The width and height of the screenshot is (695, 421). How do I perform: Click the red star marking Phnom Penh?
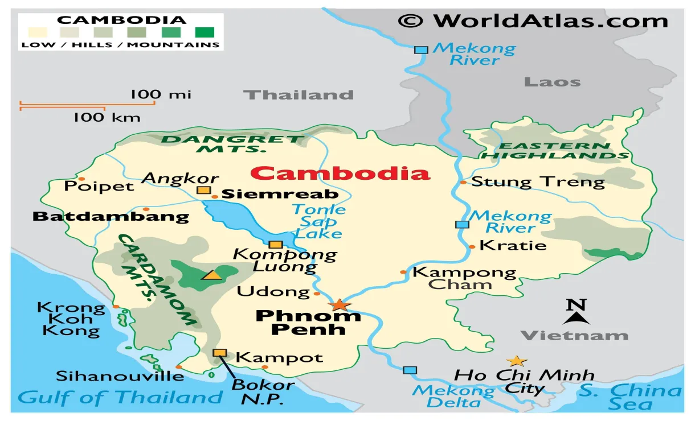pyautogui.click(x=340, y=305)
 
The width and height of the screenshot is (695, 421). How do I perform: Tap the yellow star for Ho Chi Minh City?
pyautogui.click(x=516, y=361)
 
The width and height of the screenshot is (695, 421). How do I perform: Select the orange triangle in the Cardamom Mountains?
pyautogui.click(x=212, y=275)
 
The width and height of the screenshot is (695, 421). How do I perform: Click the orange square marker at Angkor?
pyautogui.click(x=203, y=190)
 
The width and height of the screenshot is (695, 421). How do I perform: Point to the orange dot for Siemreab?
pyautogui.click(x=215, y=197)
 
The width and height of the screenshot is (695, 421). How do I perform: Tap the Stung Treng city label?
pyautogui.click(x=538, y=182)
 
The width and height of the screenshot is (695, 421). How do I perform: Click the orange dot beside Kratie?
pyautogui.click(x=472, y=246)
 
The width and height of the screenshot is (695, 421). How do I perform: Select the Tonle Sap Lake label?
pyautogui.click(x=318, y=221)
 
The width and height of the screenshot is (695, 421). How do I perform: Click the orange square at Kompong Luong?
pyautogui.click(x=276, y=245)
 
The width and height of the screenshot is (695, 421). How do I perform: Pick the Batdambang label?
pyautogui.click(x=111, y=216)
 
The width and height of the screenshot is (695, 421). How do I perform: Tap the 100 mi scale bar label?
pyautogui.click(x=161, y=94)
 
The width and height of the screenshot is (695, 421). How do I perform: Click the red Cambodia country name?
pyautogui.click(x=341, y=173)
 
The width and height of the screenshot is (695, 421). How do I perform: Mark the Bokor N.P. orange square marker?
pyautogui.click(x=219, y=353)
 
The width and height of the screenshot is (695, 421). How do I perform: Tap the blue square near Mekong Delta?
pyautogui.click(x=410, y=370)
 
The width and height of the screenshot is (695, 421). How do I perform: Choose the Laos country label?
pyautogui.click(x=552, y=81)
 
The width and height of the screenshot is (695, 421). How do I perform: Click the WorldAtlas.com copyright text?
pyautogui.click(x=533, y=21)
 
